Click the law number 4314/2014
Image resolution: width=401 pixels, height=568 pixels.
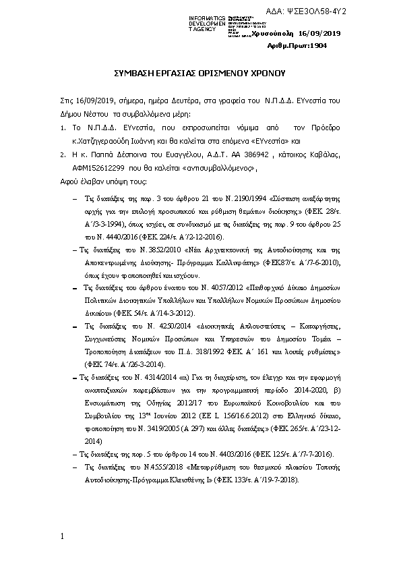156,378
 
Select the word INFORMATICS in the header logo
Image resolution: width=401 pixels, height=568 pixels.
207,18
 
